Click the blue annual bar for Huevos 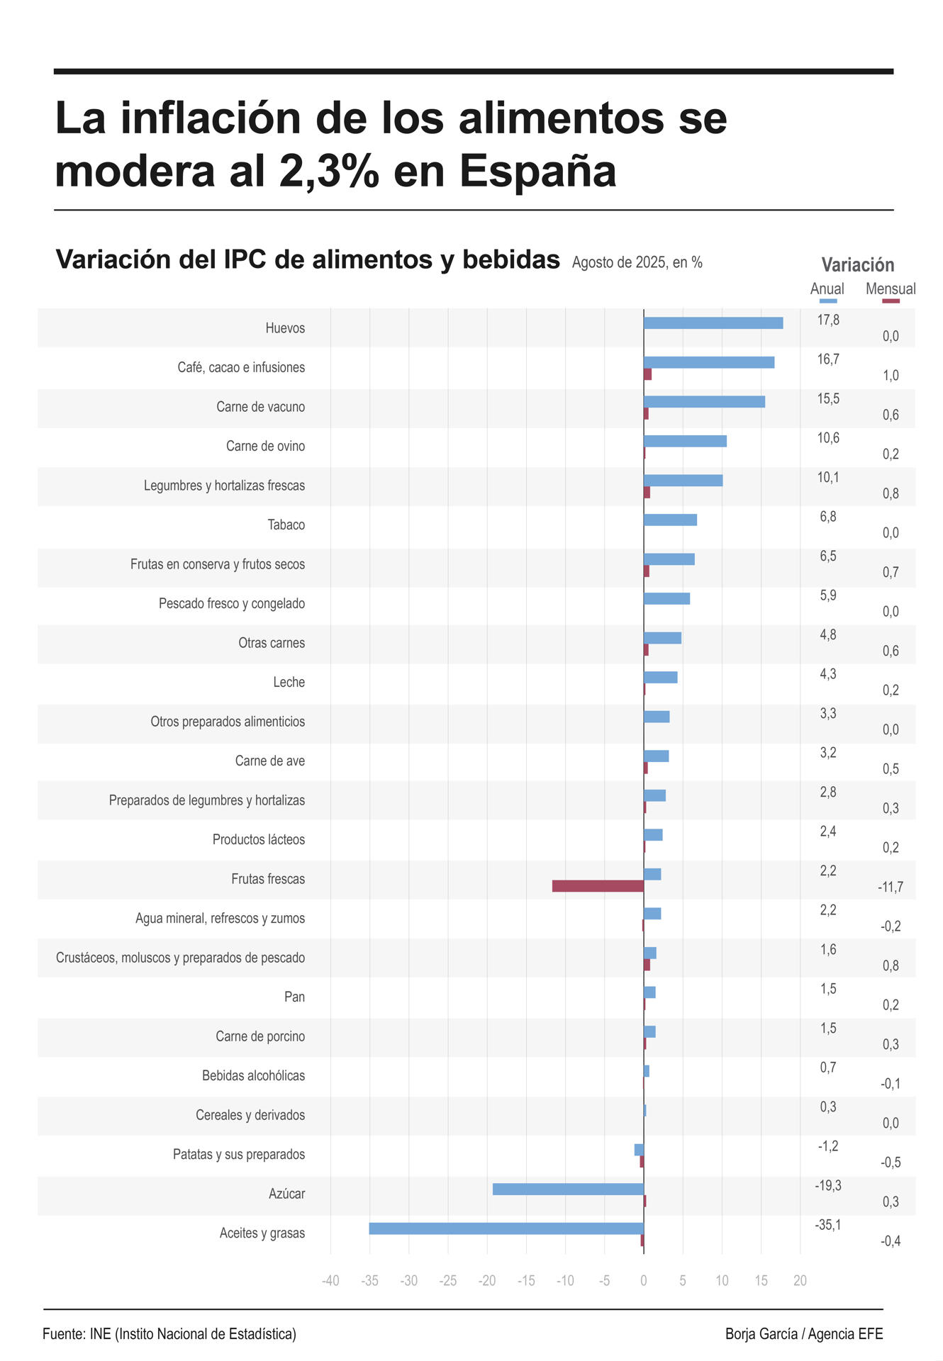tap(713, 323)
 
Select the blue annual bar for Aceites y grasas tap(506, 1228)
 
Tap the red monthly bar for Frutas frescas tap(598, 886)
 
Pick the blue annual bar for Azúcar tap(568, 1189)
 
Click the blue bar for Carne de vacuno tap(704, 402)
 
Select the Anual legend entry tap(827, 289)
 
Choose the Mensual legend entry tap(891, 289)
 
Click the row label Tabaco tap(286, 525)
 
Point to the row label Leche tap(289, 683)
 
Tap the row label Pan tap(294, 997)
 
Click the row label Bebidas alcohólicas tap(253, 1076)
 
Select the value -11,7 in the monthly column tap(890, 887)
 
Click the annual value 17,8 tap(828, 320)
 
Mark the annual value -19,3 tap(827, 1186)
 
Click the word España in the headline tap(537, 171)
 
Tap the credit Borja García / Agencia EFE tap(803, 1334)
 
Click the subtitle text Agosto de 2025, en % tap(637, 262)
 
